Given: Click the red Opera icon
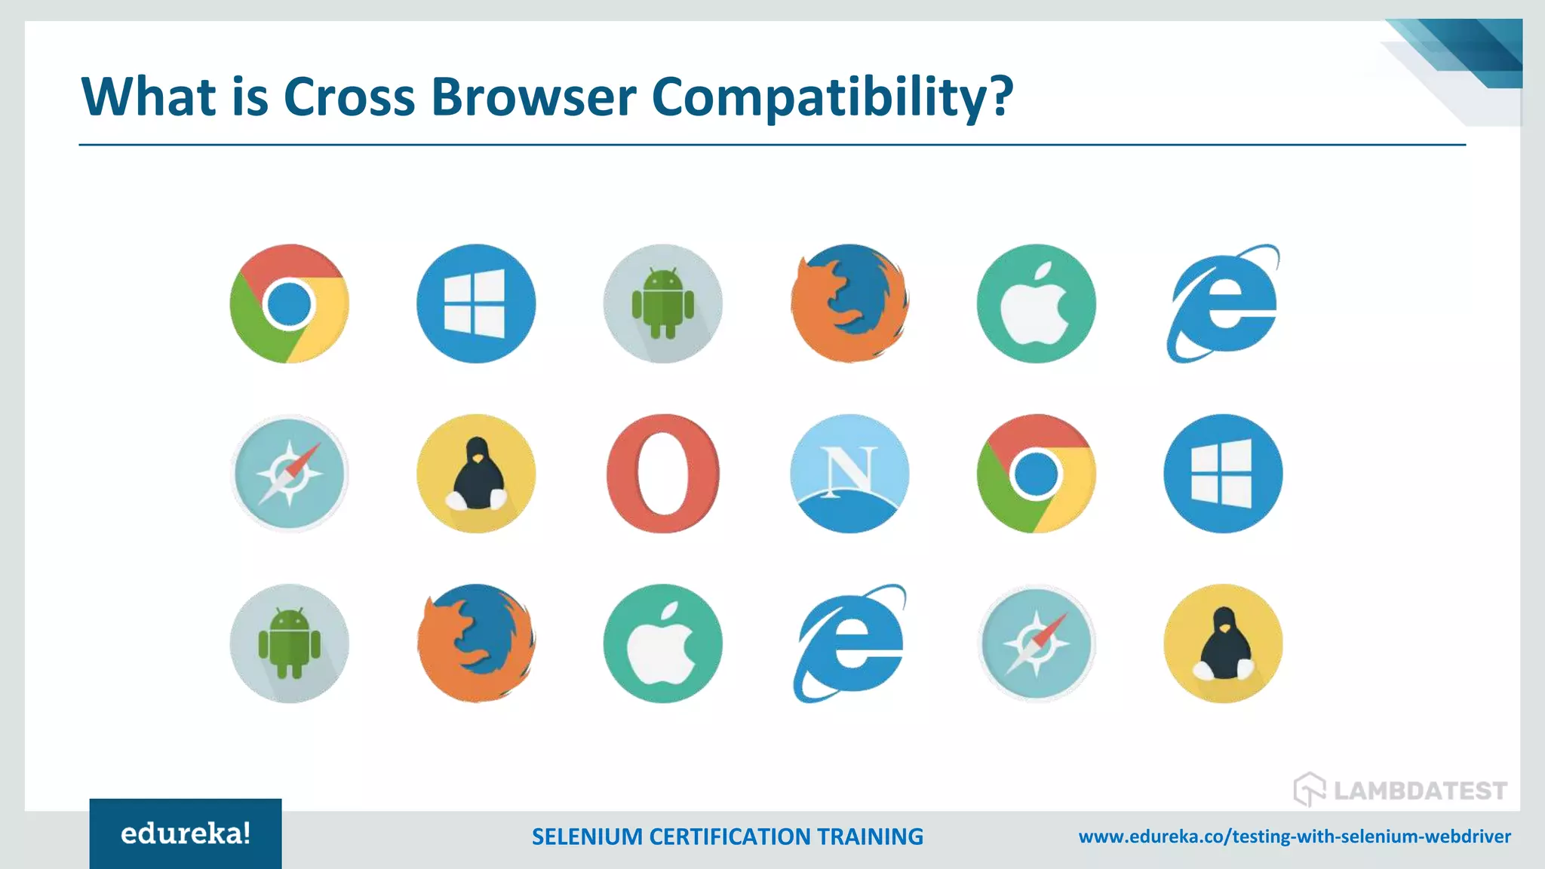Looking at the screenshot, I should (662, 474).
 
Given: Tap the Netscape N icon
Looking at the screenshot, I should (849, 474).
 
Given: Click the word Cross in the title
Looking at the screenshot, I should (349, 97).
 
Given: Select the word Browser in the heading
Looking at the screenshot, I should (533, 97).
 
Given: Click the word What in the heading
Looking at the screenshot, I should (149, 97).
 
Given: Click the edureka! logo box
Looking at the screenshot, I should (186, 834).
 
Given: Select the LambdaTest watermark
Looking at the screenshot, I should (1400, 790).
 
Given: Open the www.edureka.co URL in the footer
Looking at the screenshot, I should (1295, 837).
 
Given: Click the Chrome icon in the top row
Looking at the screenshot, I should (289, 303).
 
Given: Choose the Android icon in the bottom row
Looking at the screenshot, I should (289, 643).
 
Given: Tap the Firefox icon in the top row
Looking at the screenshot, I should (849, 303).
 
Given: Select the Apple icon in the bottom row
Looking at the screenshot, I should (662, 643).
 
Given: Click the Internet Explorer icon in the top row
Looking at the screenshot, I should (1223, 303).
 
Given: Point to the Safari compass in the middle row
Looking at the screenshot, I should (289, 474).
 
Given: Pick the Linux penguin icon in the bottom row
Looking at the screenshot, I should (1223, 643).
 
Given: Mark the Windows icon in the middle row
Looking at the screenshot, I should (1223, 474).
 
